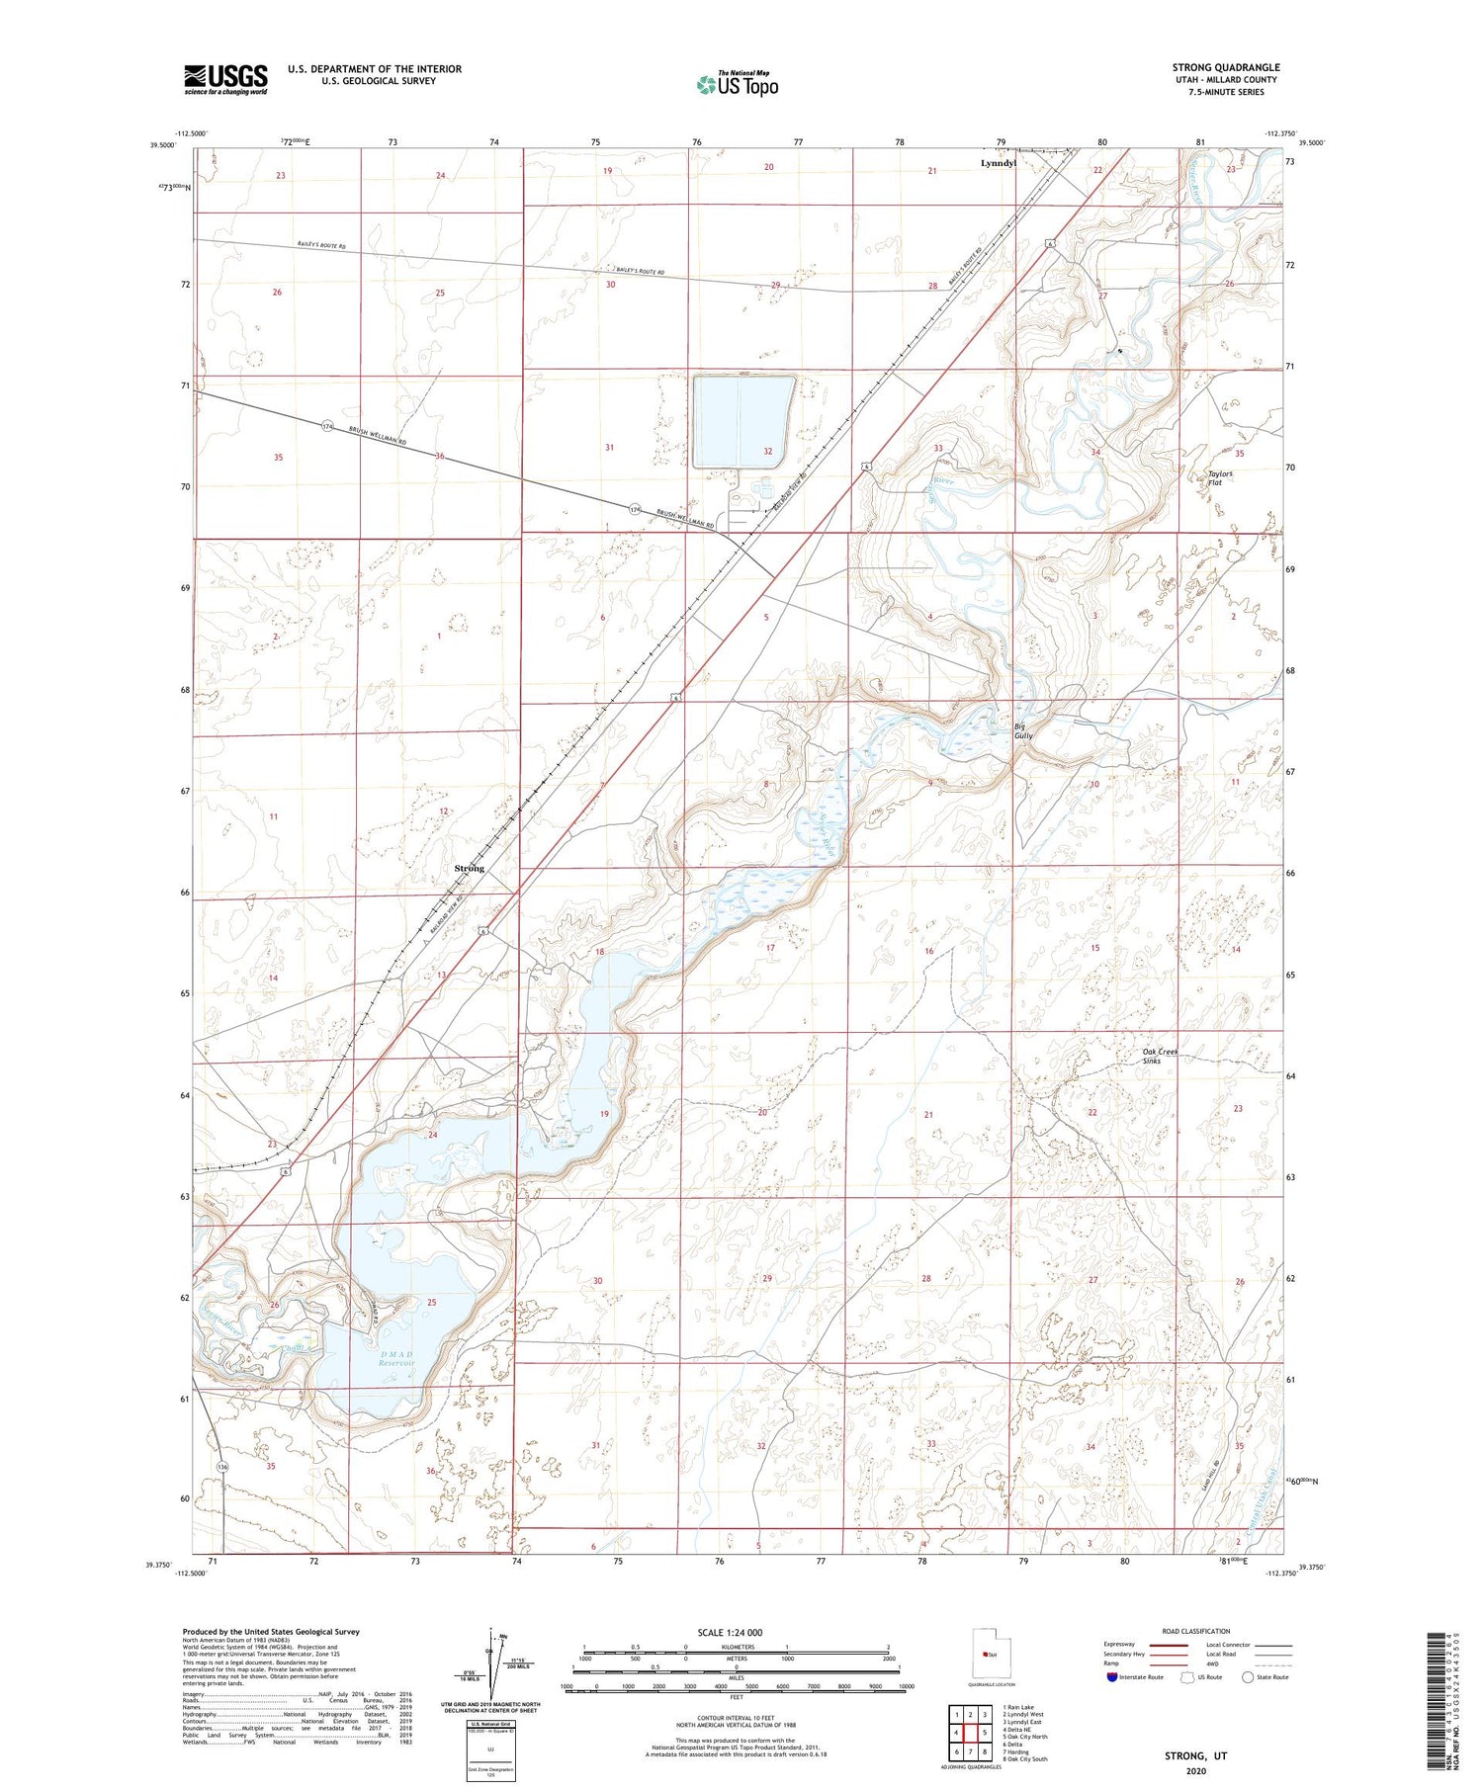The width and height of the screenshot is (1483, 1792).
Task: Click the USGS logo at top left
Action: [225, 79]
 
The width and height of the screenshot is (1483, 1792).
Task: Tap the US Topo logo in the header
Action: [737, 84]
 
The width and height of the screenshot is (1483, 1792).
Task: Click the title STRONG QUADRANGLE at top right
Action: [1225, 67]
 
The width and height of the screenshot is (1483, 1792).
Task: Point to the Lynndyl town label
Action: [998, 162]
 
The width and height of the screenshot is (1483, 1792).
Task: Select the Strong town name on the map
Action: [469, 868]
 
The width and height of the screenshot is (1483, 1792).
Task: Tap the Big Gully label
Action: [1023, 731]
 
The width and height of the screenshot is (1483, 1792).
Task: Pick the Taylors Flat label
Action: [1220, 478]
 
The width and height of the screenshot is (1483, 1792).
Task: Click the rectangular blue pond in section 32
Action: [743, 421]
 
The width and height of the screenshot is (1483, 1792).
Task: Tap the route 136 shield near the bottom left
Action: [222, 1467]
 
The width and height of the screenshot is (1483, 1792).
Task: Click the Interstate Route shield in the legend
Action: [1112, 1677]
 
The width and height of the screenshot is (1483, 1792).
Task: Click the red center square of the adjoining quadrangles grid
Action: [971, 1732]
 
